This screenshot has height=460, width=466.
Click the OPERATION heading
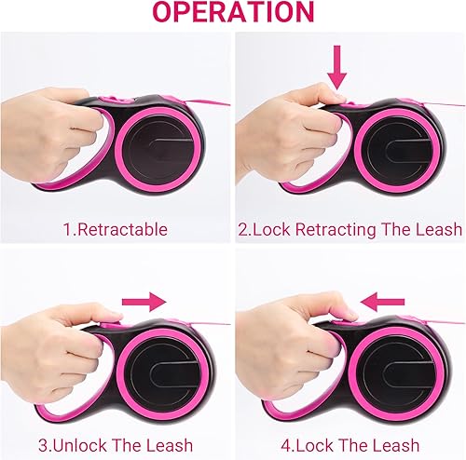[233, 13]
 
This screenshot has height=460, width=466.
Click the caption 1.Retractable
[115, 228]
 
